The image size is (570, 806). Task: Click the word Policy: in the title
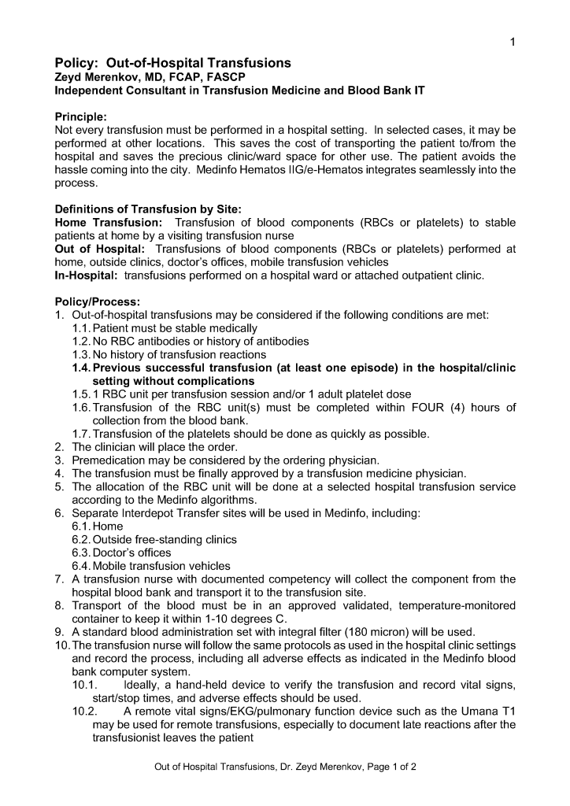coord(77,63)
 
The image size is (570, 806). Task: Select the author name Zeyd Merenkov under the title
coord(99,77)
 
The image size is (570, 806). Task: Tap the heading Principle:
coord(81,116)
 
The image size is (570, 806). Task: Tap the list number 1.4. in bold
coord(81,368)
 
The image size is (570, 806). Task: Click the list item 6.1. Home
coord(98,526)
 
